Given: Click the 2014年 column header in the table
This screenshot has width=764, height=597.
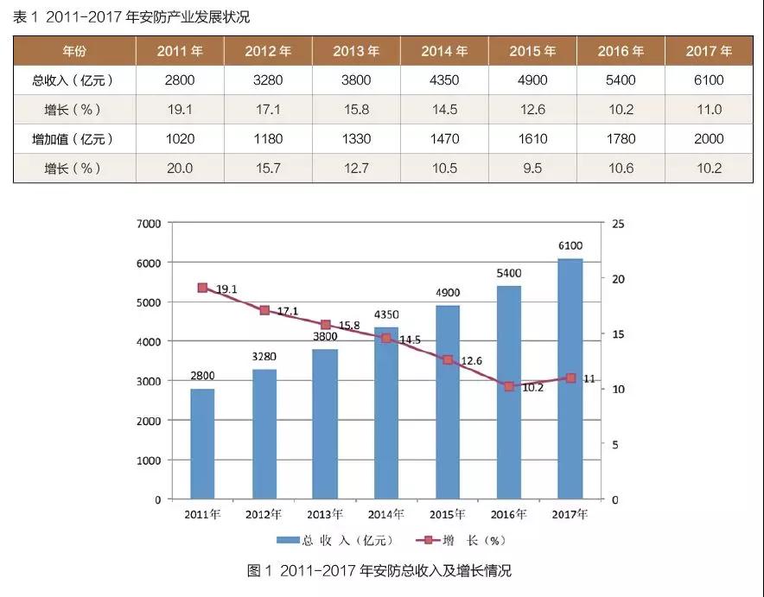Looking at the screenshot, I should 443,51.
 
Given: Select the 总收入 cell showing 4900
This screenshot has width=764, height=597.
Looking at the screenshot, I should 532,80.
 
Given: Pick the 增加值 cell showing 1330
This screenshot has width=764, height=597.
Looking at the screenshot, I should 355,139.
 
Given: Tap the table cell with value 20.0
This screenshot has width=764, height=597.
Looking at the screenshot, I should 180,168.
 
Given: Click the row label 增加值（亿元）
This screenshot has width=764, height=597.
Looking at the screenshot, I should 73,139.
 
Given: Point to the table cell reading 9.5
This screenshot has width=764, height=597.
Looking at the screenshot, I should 532,168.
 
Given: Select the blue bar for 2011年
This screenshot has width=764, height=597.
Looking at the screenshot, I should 202,444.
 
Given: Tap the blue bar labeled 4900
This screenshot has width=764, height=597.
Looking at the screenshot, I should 448,402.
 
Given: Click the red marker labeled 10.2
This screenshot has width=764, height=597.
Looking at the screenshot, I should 509,386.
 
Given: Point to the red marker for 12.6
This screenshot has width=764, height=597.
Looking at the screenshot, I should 448,359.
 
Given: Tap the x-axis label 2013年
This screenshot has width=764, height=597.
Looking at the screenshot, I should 325,515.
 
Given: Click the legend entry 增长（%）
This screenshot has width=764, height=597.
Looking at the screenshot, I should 463,541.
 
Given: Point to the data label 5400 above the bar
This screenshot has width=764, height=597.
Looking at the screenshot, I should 509,274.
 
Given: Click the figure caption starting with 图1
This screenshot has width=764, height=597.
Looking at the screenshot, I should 379,571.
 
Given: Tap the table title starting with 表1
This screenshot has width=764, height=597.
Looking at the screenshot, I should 132,16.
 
